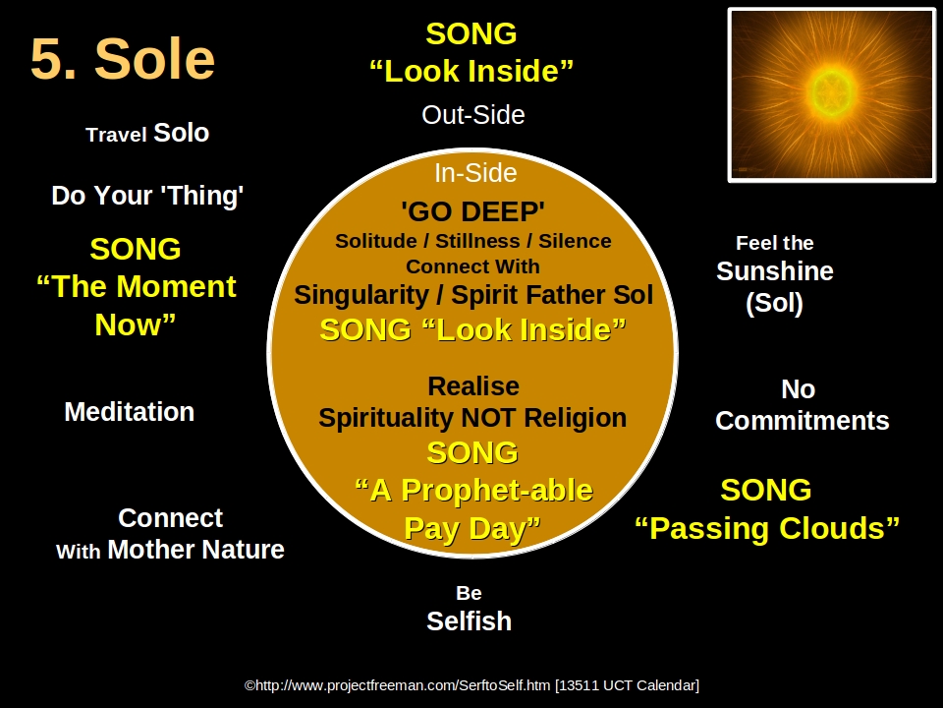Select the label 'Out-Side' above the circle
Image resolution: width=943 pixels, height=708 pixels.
coord(472,115)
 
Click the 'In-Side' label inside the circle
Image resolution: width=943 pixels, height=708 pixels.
coord(474,173)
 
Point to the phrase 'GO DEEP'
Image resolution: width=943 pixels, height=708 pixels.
coord(472,211)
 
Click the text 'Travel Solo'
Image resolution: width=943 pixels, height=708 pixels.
coord(147,134)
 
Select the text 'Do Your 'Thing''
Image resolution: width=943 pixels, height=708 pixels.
coord(147,196)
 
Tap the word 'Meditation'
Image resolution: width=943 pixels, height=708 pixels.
coord(129,412)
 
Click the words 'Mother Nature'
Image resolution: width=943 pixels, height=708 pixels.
coord(195,550)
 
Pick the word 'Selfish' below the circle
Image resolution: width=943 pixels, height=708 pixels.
coord(469,621)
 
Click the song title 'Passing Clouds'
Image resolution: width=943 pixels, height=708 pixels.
coord(766,529)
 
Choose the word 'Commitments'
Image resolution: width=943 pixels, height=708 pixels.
coord(802,421)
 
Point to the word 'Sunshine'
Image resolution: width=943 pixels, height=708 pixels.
coord(774,271)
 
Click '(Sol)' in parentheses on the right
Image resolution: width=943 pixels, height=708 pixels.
coord(774,304)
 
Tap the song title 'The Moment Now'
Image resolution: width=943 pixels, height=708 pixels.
coord(136,305)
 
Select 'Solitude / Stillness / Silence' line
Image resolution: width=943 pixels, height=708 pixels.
coord(472,241)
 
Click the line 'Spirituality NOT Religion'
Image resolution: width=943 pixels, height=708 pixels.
coord(472,418)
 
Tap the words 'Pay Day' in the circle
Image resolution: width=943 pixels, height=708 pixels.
coord(471,529)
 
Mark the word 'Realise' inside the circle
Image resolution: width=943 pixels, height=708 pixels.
coord(472,386)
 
